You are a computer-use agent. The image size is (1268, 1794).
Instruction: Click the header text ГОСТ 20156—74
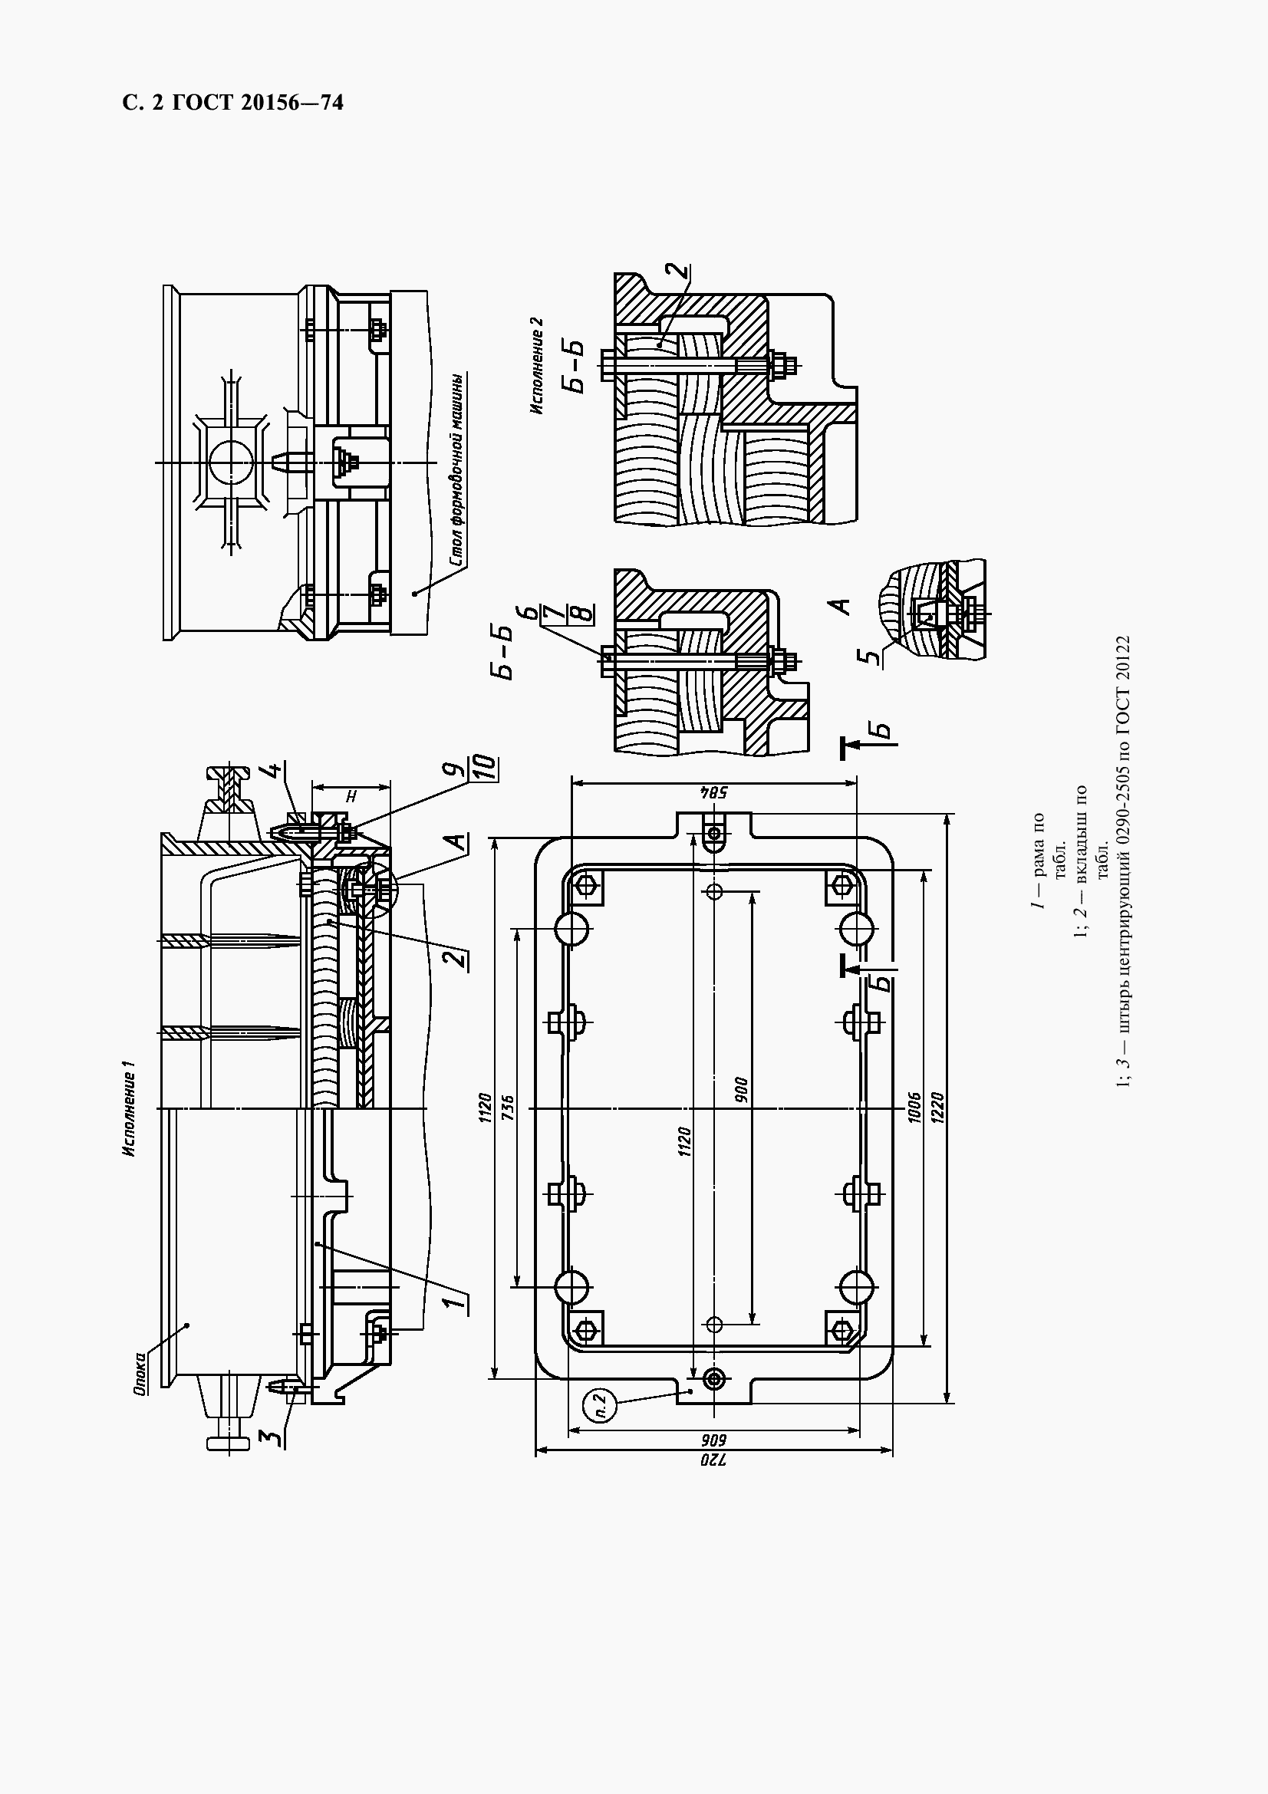click(258, 103)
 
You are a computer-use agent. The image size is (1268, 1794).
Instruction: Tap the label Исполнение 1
click(128, 1109)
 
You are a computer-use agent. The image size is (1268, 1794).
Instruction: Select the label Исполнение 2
click(537, 365)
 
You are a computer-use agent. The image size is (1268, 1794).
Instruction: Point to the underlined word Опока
click(140, 1374)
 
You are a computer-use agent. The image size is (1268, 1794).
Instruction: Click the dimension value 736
click(506, 1108)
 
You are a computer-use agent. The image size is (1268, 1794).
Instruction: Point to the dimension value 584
click(714, 793)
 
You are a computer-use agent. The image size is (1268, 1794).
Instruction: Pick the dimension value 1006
click(915, 1108)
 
